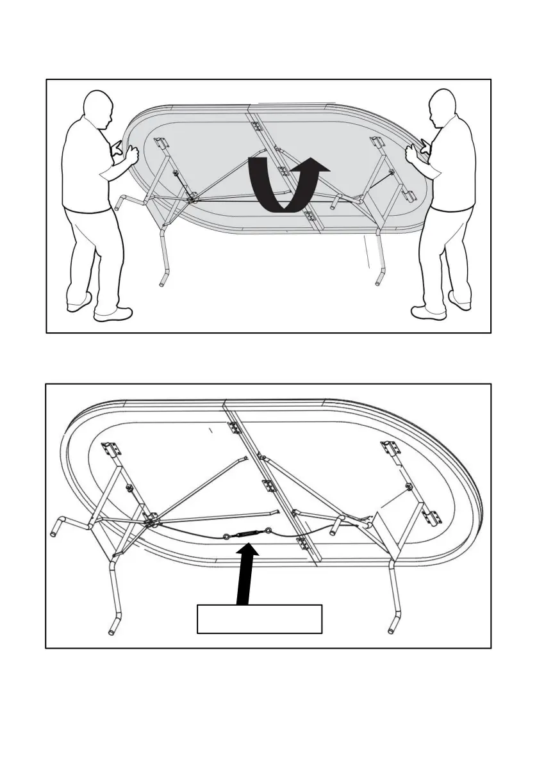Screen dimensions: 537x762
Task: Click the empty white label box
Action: tap(259, 618)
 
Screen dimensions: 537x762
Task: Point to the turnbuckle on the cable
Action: tap(247, 534)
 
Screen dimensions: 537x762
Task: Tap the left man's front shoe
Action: tap(113, 314)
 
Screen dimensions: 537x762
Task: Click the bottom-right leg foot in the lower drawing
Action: tap(392, 626)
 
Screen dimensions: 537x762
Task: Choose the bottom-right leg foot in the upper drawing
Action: tap(379, 280)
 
